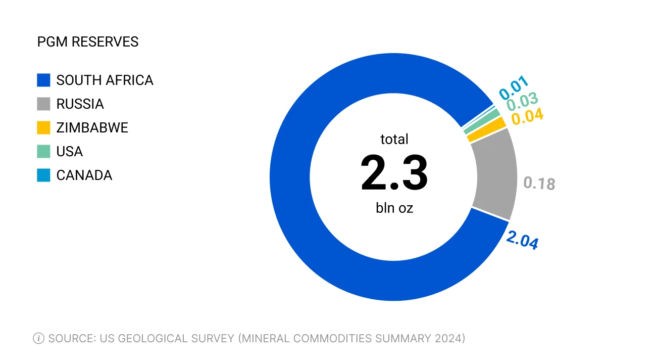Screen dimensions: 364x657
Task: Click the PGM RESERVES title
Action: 88,42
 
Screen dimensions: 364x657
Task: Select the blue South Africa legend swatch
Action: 44,80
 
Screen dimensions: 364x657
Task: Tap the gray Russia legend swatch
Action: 44,104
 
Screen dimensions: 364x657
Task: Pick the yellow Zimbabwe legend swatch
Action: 44,128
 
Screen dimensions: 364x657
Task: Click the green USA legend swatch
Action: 44,152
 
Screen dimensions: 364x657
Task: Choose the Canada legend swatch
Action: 44,175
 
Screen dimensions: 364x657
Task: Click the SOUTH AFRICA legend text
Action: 105,80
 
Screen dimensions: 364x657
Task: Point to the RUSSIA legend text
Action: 80,104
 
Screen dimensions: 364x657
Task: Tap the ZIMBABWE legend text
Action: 92,128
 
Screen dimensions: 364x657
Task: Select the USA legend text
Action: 69,152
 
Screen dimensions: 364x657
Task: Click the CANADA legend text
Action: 84,175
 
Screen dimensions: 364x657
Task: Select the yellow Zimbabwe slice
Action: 486,130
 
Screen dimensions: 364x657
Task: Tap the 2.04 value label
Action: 522,240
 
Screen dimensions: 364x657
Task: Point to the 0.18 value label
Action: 539,183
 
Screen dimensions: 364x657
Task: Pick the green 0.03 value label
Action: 522,102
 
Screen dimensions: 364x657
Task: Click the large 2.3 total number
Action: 394,173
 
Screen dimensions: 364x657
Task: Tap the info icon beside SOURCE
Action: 38,338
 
